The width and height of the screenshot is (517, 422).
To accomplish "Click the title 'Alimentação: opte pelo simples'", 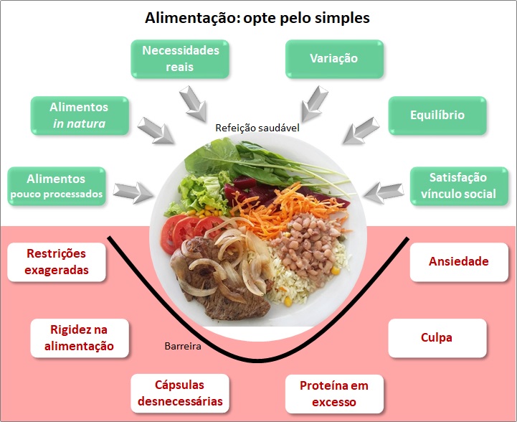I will (x=257, y=17).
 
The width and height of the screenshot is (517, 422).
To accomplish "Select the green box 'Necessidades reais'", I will (x=181, y=59).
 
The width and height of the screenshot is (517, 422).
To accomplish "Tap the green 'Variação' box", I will (x=334, y=59).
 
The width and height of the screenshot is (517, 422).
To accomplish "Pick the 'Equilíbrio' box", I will (x=437, y=116).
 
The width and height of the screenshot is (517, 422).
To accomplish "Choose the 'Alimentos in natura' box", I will (x=79, y=116).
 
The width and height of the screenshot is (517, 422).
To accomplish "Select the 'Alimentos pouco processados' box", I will (x=55, y=186).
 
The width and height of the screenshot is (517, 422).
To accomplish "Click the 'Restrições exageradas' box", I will (x=57, y=262).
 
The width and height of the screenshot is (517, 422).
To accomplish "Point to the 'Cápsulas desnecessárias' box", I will (x=179, y=393).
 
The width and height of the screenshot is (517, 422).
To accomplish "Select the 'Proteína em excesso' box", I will (x=333, y=393).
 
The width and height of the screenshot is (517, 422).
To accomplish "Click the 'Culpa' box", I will (x=437, y=337).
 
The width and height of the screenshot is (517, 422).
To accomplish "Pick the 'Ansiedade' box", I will (x=458, y=262).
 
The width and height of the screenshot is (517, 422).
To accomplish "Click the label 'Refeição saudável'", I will (x=257, y=128).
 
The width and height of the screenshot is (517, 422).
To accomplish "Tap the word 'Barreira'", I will (x=182, y=346).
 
